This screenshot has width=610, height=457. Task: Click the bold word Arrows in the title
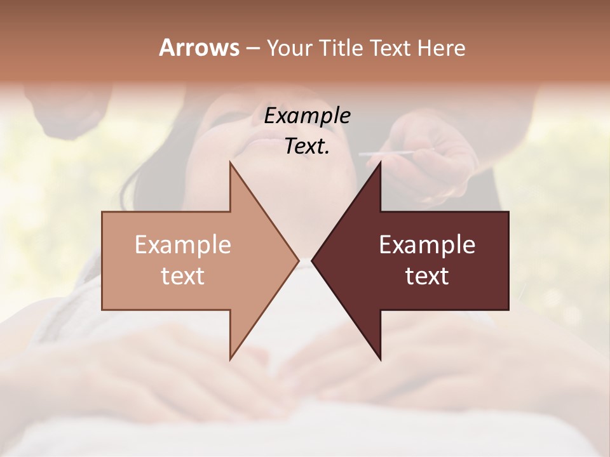tap(199, 48)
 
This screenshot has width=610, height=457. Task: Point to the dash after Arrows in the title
tap(252, 49)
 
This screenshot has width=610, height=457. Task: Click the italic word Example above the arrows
tap(307, 116)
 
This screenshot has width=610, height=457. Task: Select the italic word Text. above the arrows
tap(307, 147)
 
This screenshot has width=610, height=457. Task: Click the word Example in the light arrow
tap(183, 244)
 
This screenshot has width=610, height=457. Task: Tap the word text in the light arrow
tap(183, 275)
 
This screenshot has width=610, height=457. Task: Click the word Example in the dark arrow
tap(427, 244)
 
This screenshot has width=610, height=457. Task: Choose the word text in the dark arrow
tap(427, 275)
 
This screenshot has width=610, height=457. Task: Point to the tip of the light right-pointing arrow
tap(298, 260)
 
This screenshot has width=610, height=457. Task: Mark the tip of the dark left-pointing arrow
tap(312, 260)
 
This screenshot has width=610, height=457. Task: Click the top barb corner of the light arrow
tap(230, 163)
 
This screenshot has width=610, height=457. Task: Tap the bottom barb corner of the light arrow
tap(230, 359)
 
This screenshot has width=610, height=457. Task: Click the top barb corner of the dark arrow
tap(380, 163)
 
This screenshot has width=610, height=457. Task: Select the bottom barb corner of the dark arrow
tap(380, 359)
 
